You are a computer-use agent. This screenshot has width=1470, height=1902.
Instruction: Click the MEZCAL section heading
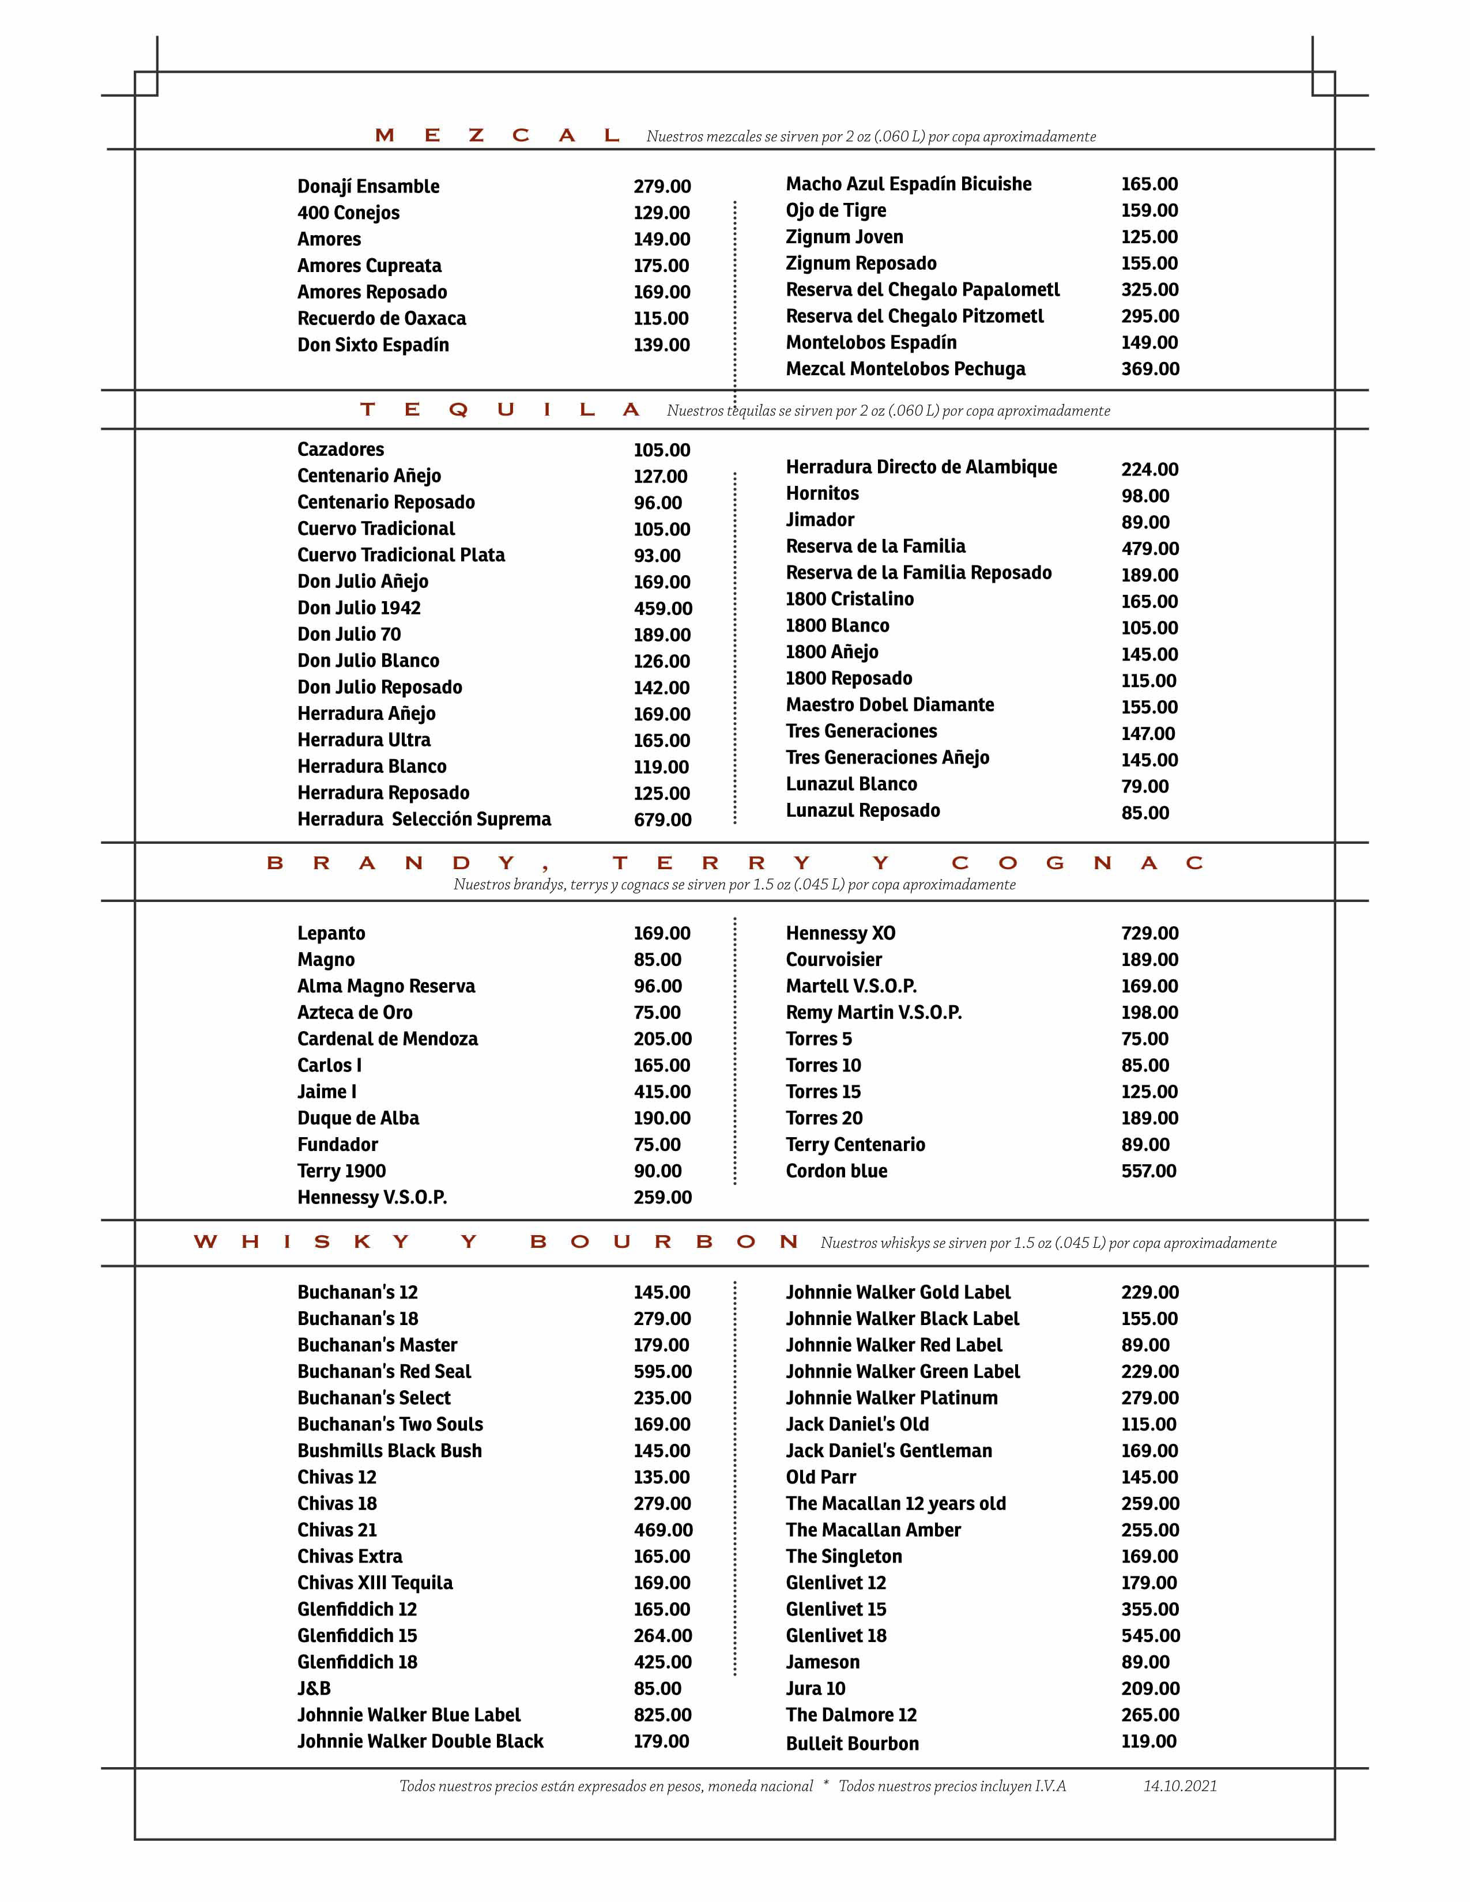496,136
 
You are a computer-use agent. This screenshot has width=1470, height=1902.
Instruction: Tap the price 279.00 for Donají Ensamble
662,186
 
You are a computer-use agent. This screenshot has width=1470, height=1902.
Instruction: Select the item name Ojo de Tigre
835,211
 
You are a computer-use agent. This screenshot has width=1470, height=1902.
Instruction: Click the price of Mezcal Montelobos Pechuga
1149,369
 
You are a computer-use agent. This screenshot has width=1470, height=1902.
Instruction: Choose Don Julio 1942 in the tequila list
359,608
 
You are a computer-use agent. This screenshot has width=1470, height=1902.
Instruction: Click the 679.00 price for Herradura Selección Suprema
662,820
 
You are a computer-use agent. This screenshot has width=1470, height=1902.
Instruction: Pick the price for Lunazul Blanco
1144,786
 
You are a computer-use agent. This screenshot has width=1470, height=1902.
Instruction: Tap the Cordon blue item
836,1171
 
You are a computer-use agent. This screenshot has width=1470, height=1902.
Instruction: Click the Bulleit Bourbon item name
851,1744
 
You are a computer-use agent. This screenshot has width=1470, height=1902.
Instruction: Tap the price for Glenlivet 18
1149,1636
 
